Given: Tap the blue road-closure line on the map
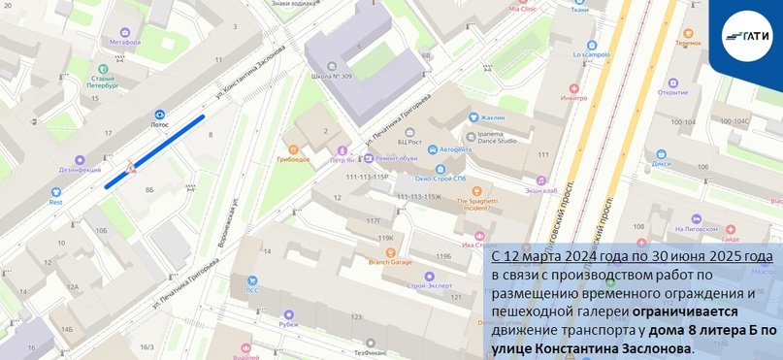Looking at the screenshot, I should point(155,151).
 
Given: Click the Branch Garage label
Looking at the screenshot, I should point(388,262).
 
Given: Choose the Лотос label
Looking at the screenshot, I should point(159,124).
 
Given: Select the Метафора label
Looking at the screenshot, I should point(125,43).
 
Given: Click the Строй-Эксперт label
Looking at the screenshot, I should point(431,286).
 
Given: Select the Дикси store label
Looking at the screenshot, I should point(661,163).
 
